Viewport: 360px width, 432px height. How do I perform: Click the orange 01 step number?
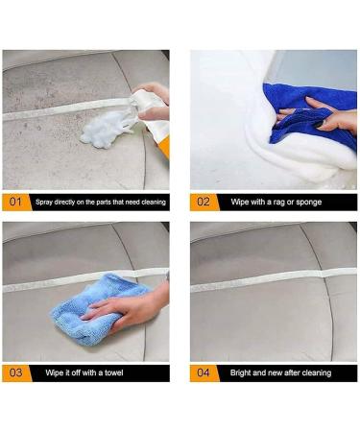[16, 202]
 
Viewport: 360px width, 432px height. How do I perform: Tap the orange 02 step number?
[204, 202]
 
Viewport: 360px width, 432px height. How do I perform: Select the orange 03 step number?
[16, 372]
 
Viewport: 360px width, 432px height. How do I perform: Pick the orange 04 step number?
[204, 372]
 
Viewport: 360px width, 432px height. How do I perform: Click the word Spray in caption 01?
[46, 203]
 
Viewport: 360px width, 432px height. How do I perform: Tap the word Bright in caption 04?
[242, 372]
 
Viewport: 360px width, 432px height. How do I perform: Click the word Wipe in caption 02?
[239, 203]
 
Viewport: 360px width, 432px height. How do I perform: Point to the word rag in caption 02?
[281, 203]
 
